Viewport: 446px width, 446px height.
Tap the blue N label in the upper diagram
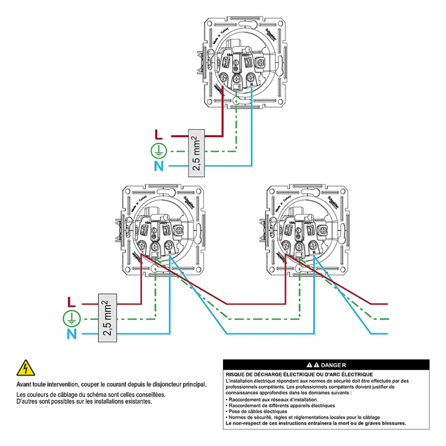[159, 166]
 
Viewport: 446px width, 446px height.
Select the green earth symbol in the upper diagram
[159, 151]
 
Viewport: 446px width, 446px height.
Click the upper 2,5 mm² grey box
[196, 153]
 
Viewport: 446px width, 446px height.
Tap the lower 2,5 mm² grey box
[108, 318]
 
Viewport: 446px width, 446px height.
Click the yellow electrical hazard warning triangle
[25, 369]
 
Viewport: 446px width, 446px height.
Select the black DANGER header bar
[326, 365]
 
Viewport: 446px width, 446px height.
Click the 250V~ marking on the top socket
[246, 56]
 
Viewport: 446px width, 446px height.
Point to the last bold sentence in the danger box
[316, 423]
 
